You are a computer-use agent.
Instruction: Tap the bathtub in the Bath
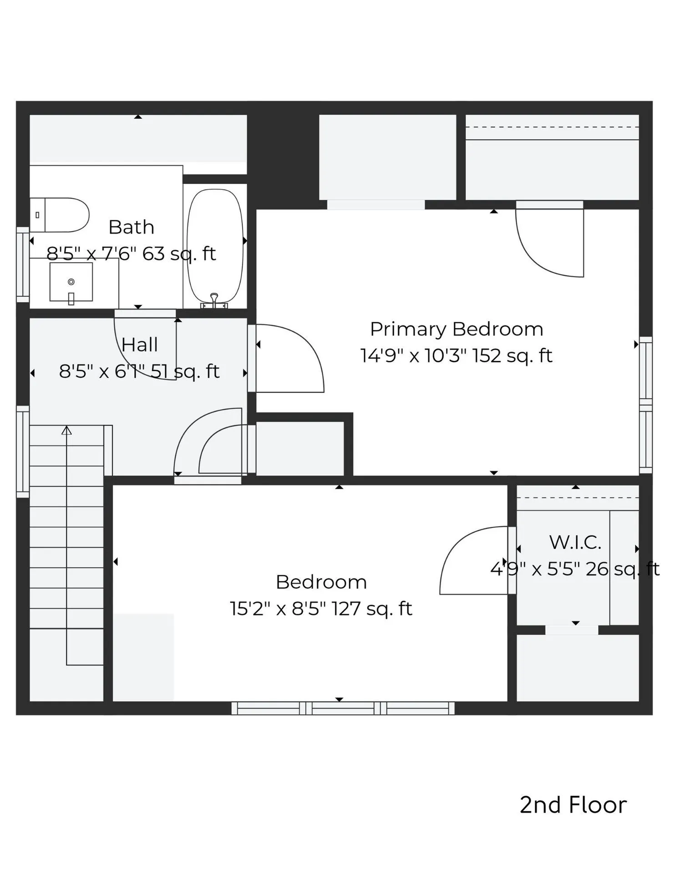pyautogui.click(x=215, y=246)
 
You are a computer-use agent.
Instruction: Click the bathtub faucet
pyautogui.click(x=214, y=299)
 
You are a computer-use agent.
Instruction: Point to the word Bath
pyautogui.click(x=131, y=227)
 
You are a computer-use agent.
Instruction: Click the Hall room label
pyautogui.click(x=140, y=345)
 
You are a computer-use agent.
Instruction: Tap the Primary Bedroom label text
pyautogui.click(x=457, y=329)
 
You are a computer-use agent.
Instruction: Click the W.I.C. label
pyautogui.click(x=575, y=542)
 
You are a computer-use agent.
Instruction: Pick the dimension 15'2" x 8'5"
pyautogui.click(x=278, y=609)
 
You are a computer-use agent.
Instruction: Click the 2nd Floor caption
pyautogui.click(x=573, y=805)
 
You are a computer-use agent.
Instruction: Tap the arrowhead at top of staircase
pyautogui.click(x=67, y=430)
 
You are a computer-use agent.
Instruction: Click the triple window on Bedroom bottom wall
pyautogui.click(x=343, y=708)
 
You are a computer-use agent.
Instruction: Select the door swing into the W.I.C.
pyautogui.click(x=476, y=561)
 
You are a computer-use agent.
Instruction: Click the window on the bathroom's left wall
pyautogui.click(x=23, y=264)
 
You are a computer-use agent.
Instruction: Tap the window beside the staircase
pyautogui.click(x=23, y=451)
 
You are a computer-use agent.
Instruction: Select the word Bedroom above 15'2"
pyautogui.click(x=321, y=582)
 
